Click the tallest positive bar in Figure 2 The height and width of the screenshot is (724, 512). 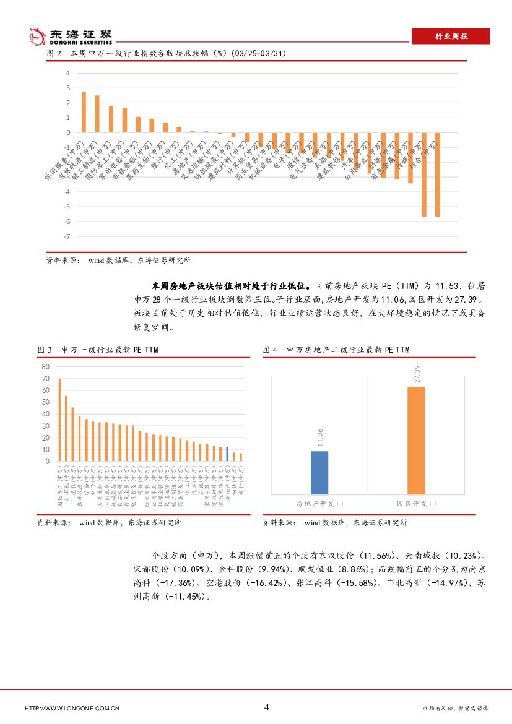(84, 112)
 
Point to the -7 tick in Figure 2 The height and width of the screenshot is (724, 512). (67, 236)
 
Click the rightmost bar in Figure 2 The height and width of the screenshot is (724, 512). (437, 174)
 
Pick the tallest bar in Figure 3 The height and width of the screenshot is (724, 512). (59, 420)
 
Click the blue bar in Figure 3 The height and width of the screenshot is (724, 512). (227, 454)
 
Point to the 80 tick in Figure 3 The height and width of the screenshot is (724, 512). (45, 367)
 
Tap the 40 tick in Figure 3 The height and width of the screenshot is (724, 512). (45, 415)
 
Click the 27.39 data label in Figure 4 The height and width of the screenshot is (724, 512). (417, 374)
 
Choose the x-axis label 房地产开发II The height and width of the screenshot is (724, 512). (320, 504)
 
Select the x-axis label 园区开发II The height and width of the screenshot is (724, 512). (417, 504)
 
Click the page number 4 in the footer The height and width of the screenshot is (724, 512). (266, 708)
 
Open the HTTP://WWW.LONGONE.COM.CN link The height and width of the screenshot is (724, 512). (71, 709)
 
